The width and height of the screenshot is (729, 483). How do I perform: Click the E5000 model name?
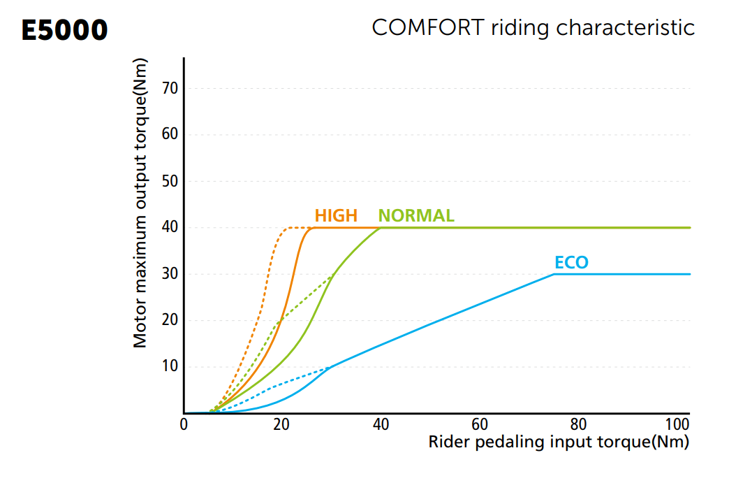65,30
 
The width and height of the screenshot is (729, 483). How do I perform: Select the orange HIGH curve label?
336,215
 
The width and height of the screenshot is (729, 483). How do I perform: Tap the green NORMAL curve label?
416,215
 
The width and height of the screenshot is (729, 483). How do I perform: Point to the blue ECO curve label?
571,262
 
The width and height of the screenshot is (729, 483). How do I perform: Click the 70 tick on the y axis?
170,88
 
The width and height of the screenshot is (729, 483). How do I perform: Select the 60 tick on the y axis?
170,134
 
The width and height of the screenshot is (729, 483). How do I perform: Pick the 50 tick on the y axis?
170,181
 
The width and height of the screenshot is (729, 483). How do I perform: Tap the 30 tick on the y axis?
170,274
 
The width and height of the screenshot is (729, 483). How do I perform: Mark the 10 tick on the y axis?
170,367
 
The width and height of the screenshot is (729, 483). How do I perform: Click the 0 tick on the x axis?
184,425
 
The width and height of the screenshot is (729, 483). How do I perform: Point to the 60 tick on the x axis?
480,425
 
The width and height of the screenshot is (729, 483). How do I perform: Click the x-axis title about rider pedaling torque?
559,442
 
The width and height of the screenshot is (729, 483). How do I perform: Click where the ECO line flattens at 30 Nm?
554,274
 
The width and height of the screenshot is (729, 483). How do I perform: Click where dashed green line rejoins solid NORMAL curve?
332,275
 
